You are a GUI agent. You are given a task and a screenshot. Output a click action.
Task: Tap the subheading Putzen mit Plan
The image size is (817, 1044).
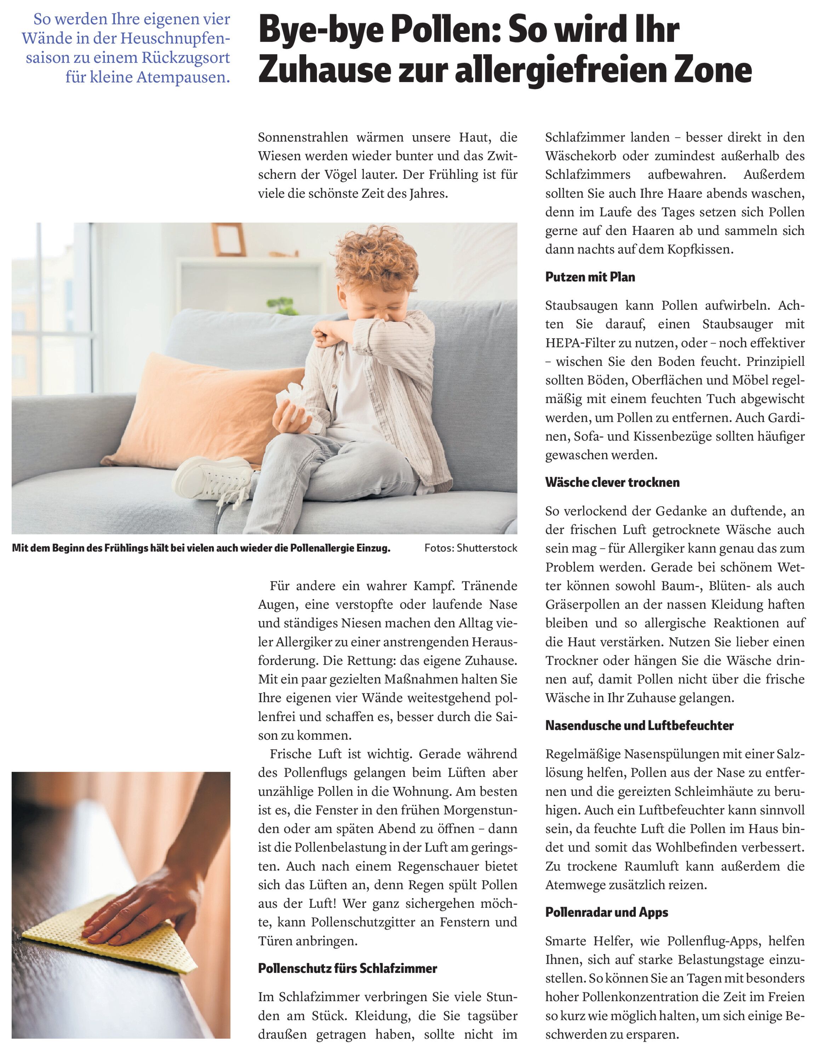pos(590,277)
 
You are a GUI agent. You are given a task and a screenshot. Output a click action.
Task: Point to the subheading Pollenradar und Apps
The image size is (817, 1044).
pos(606,912)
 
